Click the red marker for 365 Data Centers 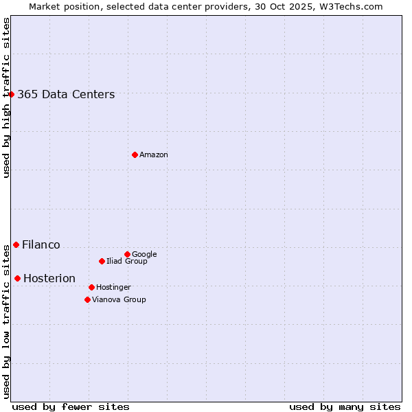coord(12,94)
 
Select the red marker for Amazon coord(135,154)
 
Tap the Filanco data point coord(16,244)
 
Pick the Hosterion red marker coord(17,278)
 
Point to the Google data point coord(127,254)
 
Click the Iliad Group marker coord(102,261)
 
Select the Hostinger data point coord(91,287)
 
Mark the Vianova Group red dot coord(87,299)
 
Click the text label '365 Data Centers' coord(66,95)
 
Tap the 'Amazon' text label coord(154,155)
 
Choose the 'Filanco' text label coord(41,245)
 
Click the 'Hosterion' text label coord(49,279)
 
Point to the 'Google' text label coord(144,255)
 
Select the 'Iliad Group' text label coord(127,262)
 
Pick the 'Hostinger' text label coord(113,288)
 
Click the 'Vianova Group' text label coord(119,300)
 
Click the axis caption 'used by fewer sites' coord(71,407)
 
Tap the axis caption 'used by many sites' coord(345,407)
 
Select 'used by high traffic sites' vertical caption coord(6,98)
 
